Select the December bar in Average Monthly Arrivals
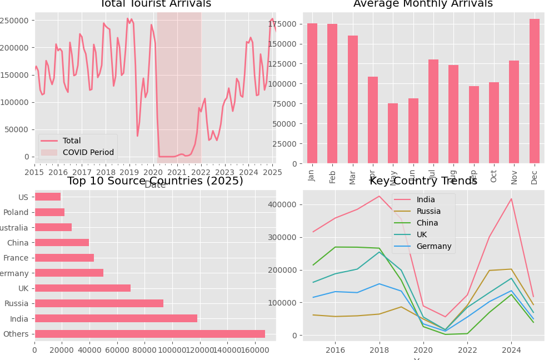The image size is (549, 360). [535, 91]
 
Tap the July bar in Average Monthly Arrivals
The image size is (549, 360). [433, 111]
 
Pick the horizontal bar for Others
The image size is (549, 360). [149, 334]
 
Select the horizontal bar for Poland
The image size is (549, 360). [49, 212]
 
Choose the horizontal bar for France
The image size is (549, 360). [64, 258]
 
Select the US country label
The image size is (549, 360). [23, 197]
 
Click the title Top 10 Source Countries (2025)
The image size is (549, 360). [155, 181]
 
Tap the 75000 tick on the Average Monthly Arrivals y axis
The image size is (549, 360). [286, 103]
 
